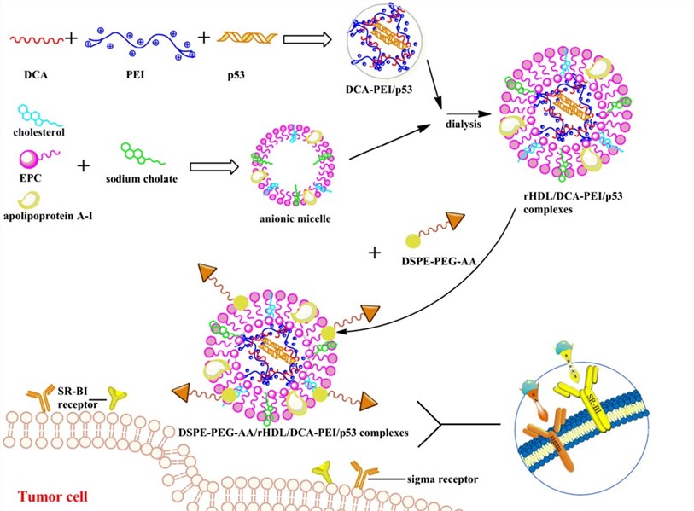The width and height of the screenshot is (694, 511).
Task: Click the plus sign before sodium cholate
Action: tap(83, 163)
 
